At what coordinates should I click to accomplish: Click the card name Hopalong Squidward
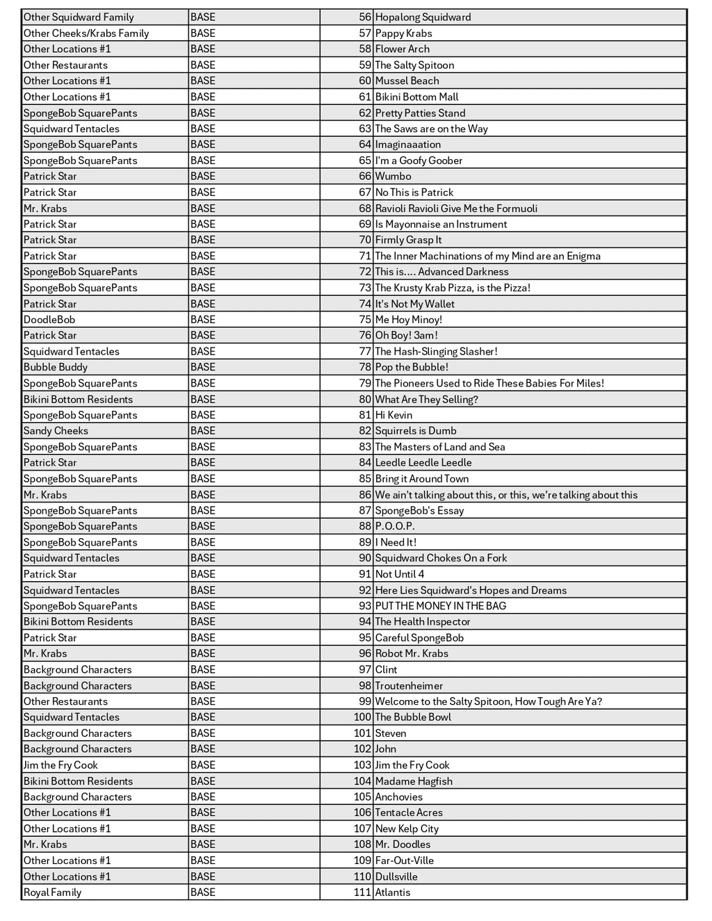pos(423,17)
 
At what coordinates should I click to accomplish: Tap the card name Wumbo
pos(393,177)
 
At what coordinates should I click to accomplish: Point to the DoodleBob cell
pos(49,320)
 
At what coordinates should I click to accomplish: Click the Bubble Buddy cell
pos(56,367)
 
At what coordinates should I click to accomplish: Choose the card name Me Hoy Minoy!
pos(408,320)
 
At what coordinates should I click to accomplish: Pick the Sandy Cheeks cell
pos(56,431)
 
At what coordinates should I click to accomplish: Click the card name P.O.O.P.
pos(395,526)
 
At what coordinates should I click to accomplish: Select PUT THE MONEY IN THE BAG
pos(440,606)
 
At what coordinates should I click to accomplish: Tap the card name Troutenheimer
pos(409,685)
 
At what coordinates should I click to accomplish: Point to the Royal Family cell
pos(52,893)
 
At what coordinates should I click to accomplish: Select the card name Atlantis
pos(393,893)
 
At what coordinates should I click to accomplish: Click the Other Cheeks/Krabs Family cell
pos(86,33)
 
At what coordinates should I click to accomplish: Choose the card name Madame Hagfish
pos(414,781)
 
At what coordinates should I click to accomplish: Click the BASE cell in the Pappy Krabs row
pos(203,33)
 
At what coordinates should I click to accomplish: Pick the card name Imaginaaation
pos(407,145)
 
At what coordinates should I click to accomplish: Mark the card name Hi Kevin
pos(394,415)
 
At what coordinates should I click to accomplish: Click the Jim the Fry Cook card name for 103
pos(412,765)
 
